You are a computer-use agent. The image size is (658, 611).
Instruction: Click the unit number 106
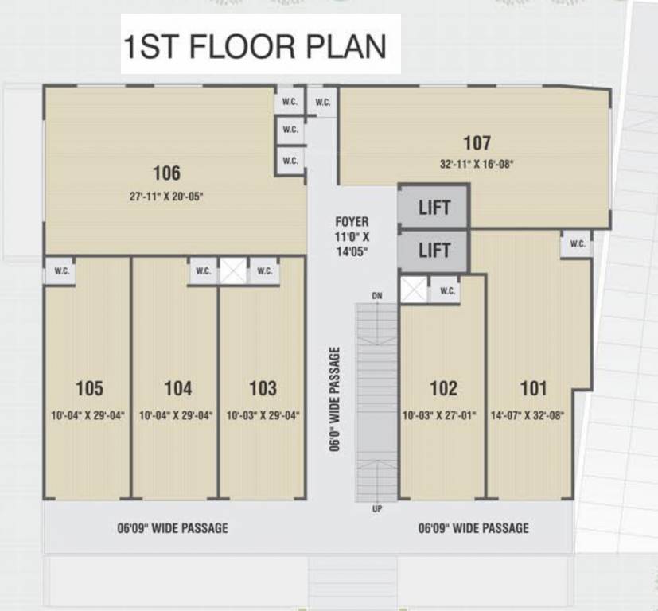[166, 173]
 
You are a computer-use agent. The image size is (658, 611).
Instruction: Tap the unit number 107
[477, 143]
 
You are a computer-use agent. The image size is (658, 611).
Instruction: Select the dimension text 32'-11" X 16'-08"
[477, 165]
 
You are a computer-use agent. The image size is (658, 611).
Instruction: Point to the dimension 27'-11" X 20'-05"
[166, 195]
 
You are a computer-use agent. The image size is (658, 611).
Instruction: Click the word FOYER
[352, 222]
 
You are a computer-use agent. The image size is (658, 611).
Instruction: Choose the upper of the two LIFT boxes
[434, 208]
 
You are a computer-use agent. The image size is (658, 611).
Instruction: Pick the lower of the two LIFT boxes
[434, 251]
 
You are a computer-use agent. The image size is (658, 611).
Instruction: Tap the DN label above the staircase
[377, 296]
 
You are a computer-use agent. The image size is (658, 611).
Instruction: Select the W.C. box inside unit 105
[62, 270]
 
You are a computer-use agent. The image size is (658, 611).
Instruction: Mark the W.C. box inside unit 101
[577, 244]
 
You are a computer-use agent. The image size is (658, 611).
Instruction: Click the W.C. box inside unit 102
[447, 291]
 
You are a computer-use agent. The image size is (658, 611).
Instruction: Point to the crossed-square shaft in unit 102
[414, 290]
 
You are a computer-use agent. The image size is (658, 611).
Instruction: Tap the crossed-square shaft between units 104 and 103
[234, 270]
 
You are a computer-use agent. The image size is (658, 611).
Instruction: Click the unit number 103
[263, 388]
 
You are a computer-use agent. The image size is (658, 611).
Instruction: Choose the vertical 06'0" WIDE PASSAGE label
[336, 399]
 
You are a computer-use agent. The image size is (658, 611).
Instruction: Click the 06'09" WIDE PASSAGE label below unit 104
[172, 527]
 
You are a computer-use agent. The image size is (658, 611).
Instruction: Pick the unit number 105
[89, 388]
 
